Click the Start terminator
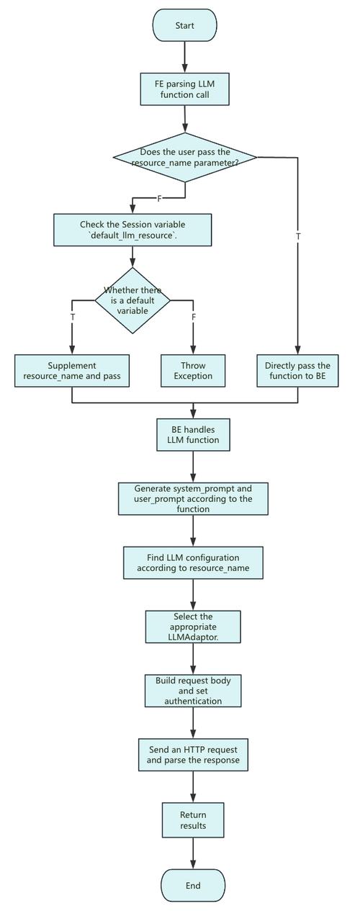(184, 25)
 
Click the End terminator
(193, 885)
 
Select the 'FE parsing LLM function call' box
(184, 89)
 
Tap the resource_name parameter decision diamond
(185, 157)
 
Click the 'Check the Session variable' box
(132, 230)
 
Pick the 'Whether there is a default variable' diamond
(132, 300)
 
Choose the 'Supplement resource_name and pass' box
(72, 371)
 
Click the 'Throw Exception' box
(193, 371)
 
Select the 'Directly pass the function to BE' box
(297, 371)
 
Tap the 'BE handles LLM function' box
(193, 434)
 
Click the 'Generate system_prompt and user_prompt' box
(193, 498)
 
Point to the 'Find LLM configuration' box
(193, 562)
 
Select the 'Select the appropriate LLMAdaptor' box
(193, 627)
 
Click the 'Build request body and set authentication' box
(193, 691)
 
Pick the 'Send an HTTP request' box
(193, 755)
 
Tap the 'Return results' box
(193, 820)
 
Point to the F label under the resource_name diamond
(159, 199)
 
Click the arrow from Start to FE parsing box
(184, 57)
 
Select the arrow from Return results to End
(193, 853)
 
